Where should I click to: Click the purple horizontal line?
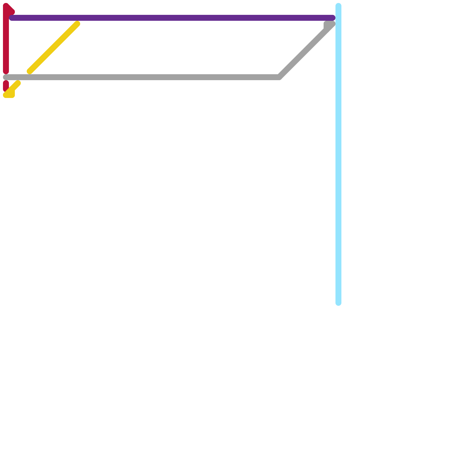(172, 18)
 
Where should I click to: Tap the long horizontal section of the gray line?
(142, 77)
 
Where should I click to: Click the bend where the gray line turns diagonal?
(279, 77)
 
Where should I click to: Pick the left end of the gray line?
(5, 77)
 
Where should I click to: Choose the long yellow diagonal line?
(53, 47)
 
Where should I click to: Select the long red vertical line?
(6, 42)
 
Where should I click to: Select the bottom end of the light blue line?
(338, 303)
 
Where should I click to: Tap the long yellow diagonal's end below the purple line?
(77, 24)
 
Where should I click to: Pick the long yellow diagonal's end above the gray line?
(30, 71)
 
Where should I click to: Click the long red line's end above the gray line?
(6, 71)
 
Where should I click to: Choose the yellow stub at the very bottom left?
(9, 95)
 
